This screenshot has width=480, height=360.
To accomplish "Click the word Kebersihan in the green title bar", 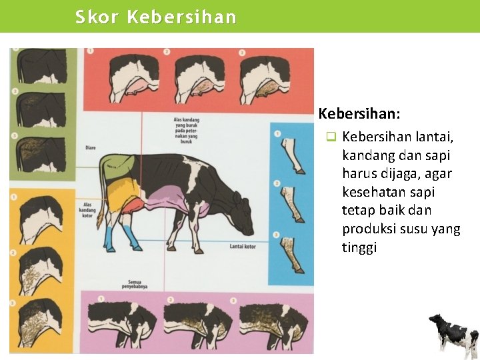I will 181,17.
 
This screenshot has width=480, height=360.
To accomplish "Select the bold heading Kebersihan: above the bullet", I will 359,114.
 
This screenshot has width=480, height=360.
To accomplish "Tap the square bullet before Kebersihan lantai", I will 330,137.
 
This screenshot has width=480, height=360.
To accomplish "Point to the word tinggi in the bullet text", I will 359,248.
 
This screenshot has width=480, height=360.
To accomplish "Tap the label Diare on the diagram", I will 91,147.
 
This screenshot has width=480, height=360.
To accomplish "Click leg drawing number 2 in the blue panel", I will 289,200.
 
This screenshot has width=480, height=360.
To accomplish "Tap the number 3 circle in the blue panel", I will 277,234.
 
